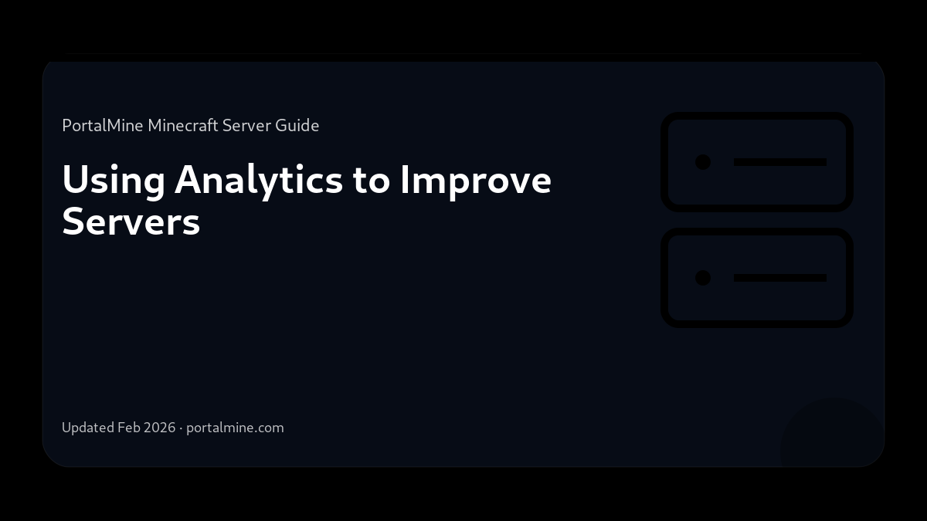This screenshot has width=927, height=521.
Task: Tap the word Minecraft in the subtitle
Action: point(183,125)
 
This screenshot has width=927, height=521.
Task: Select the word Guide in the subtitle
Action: point(297,125)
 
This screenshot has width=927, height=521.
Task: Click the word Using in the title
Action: point(114,181)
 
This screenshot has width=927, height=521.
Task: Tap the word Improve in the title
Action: point(475,181)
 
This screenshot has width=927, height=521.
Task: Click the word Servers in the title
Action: point(131,222)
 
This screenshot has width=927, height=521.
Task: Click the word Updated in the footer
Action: point(88,428)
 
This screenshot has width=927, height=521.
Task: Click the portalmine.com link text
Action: point(235,428)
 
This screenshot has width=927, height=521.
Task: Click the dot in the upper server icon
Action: point(703,162)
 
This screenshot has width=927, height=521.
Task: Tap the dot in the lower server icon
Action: point(703,278)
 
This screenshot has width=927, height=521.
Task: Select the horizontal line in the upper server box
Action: point(780,162)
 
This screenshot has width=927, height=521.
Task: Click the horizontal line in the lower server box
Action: point(780,278)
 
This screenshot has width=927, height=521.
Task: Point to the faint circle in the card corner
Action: point(830,440)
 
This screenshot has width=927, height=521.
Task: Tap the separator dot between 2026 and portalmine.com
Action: point(181,428)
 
